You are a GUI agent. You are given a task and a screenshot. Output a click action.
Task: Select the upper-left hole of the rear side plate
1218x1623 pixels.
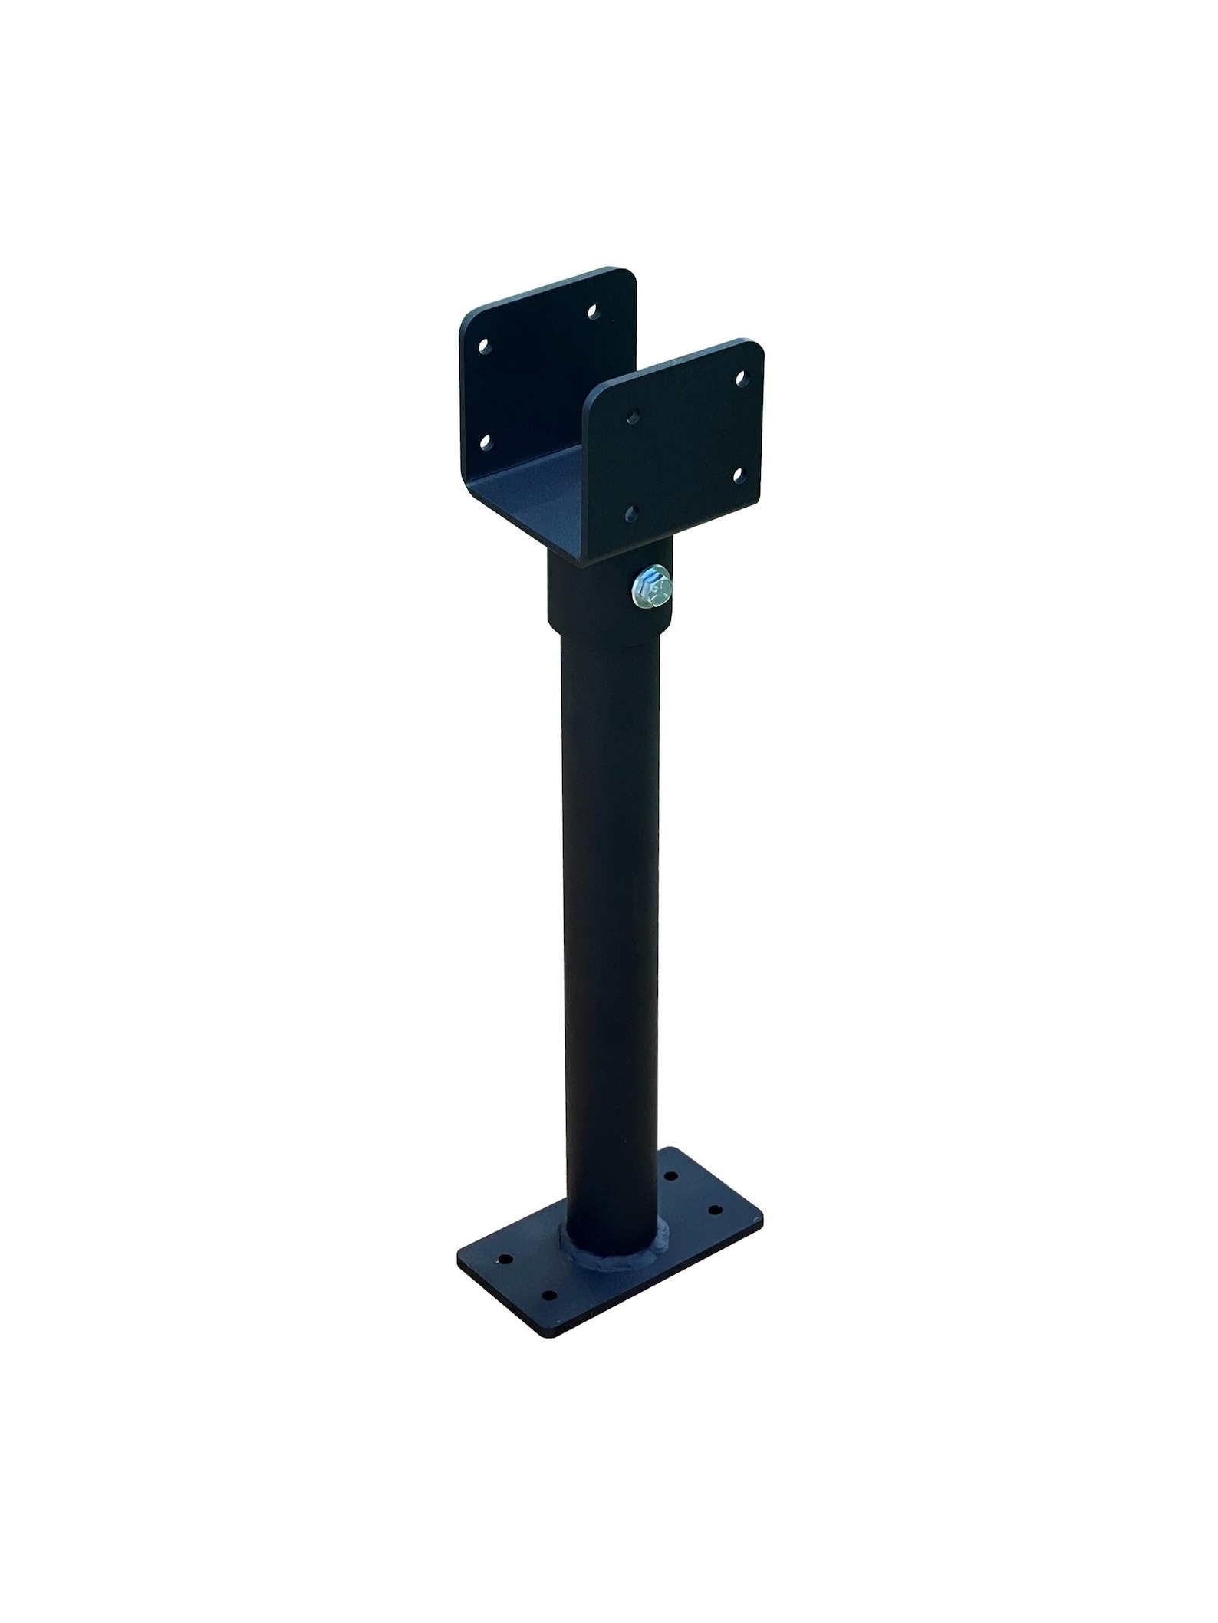point(483,347)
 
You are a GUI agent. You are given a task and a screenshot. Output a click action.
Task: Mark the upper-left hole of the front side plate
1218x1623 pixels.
point(633,416)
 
